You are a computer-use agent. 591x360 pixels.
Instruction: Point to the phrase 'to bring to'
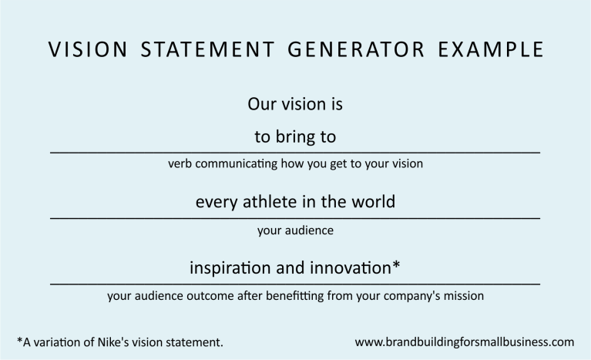click(x=295, y=137)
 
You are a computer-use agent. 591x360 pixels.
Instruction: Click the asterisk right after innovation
click(x=396, y=265)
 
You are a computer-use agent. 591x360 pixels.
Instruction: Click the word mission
click(x=464, y=294)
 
